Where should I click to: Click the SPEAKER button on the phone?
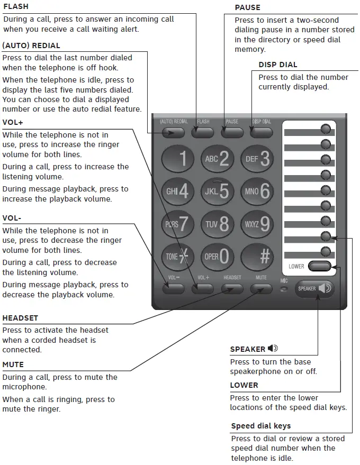[314, 289]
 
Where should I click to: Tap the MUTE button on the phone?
[261, 289]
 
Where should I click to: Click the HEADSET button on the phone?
[232, 289]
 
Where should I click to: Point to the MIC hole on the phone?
[284, 289]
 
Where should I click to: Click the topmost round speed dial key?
[327, 129]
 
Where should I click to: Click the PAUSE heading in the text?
[247, 7]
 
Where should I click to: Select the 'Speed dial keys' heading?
[260, 426]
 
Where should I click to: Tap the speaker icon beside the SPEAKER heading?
[273, 349]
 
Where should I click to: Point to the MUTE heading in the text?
[13, 364]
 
